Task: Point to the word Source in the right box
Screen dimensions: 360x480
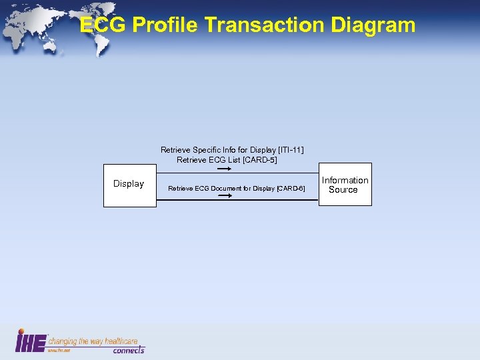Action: (x=343, y=190)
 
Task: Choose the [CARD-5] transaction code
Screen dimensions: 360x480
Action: (x=259, y=160)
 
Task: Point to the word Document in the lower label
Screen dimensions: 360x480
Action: (x=232, y=189)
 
